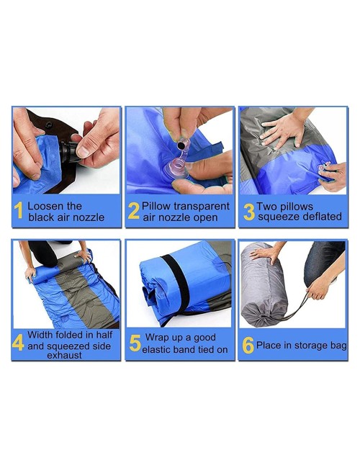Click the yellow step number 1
19,210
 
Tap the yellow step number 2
133,211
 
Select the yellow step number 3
249,212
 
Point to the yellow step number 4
18,342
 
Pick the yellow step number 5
135,343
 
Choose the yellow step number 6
248,346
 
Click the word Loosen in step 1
45,206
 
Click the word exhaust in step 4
64,356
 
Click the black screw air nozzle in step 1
69,151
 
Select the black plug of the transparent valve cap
181,145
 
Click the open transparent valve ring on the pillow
176,168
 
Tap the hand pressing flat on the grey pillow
282,130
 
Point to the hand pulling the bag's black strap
319,287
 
